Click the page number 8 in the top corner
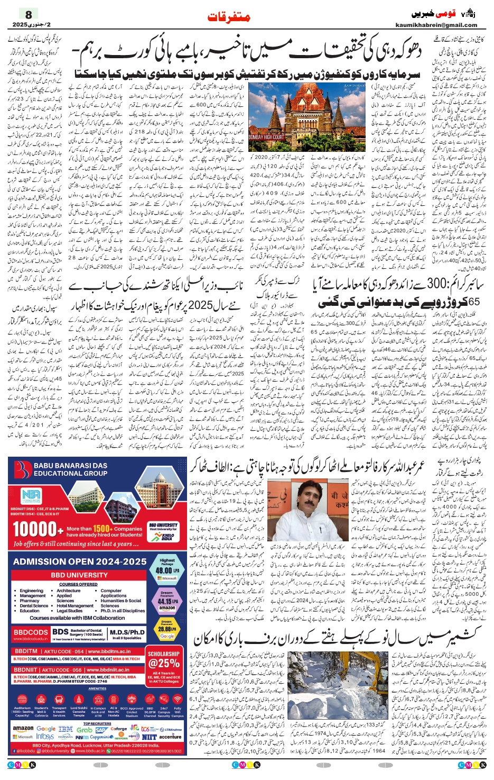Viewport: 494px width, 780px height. coord(29,14)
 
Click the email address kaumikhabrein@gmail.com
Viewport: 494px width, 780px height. coord(436,25)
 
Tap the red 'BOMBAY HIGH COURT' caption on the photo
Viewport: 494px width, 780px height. coord(266,137)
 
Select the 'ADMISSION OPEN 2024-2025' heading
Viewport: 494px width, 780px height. coord(80,561)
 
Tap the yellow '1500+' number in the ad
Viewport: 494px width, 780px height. coord(102,529)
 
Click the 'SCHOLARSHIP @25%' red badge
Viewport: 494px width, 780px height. coord(164,660)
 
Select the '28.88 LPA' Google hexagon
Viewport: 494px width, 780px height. coord(167,629)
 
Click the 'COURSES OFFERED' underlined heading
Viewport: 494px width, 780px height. coord(78,585)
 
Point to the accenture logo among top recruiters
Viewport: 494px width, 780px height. coord(170,736)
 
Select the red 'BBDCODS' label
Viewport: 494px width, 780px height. coord(31,632)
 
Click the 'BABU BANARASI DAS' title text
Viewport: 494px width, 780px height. coord(70,466)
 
